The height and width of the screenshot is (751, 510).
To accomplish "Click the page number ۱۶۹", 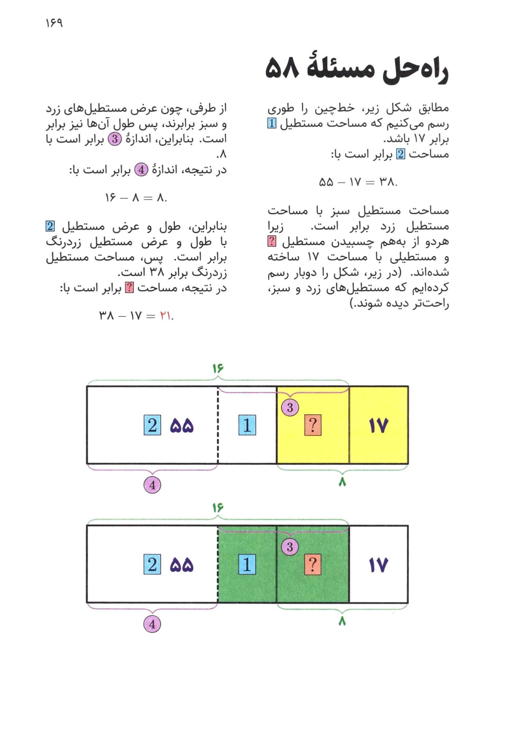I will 54,23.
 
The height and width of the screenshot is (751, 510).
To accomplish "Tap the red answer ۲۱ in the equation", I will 165,316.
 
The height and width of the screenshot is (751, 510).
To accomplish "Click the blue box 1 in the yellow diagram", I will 247,425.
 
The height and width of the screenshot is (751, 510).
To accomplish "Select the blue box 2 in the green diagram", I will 152,565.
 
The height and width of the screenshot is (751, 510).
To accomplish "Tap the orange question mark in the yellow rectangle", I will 313,425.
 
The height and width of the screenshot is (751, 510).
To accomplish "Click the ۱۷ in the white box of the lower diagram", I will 378,565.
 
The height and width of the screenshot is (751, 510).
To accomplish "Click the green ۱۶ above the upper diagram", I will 218,368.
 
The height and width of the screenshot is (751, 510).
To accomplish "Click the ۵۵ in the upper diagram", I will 181,425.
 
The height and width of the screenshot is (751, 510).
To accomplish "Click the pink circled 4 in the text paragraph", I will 141,170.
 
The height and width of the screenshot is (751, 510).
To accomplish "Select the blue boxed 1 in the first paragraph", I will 272,124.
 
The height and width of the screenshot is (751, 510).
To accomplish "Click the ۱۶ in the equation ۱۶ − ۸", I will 110,198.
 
